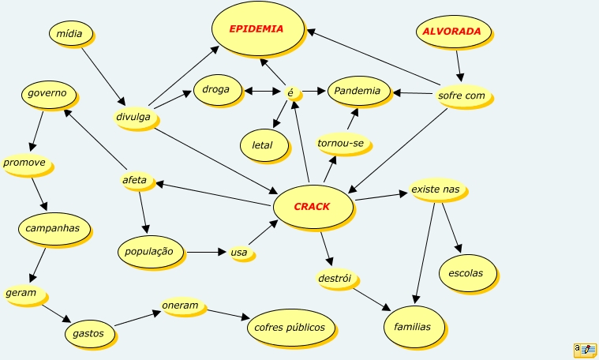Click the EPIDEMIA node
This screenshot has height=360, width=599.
coord(257,29)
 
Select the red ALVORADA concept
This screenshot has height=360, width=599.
coord(452,32)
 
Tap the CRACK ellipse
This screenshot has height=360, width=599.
coord(312,207)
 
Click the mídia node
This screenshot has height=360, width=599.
coord(70,33)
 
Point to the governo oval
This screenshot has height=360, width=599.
coord(48,93)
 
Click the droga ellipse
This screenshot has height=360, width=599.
coord(215,90)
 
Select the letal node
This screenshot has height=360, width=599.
coord(262,145)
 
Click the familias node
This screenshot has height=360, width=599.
coord(413,326)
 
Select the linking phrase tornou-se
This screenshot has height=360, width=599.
coord(343,144)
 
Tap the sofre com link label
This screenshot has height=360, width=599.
coord(462,96)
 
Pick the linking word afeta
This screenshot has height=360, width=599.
coord(135,181)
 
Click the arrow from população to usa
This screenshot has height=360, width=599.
coord(207,253)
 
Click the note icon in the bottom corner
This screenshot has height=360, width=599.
coord(585,350)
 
